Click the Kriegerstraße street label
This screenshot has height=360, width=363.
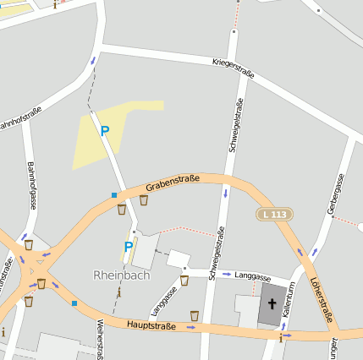[222, 68]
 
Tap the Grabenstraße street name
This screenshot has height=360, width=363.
[172, 182]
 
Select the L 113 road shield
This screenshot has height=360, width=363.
[273, 215]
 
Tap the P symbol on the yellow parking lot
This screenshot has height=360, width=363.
[105, 131]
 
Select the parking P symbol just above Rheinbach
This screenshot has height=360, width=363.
[129, 247]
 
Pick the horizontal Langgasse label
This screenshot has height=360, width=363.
[252, 276]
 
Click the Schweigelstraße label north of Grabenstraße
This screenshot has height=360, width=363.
[235, 126]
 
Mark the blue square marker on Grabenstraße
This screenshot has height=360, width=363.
[114, 195]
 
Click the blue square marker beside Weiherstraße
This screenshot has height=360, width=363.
[74, 303]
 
